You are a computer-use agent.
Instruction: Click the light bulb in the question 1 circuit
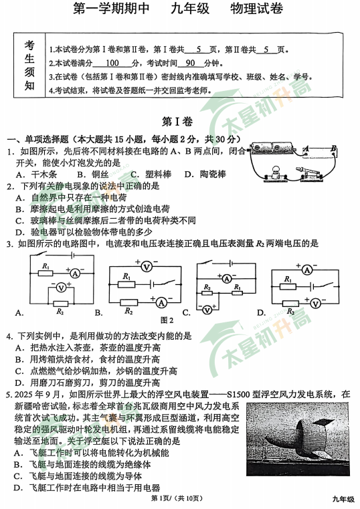(276, 172)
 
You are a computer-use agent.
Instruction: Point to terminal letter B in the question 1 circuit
(333, 148)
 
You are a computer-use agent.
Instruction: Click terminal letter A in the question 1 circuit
(306, 149)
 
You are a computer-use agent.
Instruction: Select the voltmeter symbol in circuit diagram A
(61, 287)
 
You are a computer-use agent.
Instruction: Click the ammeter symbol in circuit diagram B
(161, 302)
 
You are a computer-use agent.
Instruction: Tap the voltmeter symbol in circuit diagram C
(207, 310)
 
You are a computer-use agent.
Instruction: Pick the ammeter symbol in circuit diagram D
(306, 270)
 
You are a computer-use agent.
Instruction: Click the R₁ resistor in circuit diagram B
(126, 285)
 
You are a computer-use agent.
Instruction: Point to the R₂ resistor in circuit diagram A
(60, 304)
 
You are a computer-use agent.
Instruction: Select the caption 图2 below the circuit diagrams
(167, 320)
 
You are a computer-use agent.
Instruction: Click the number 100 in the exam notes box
(112, 63)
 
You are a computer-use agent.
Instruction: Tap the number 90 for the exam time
(190, 63)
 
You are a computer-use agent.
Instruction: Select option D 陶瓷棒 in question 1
(205, 175)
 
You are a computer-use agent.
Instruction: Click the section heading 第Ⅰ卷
(177, 122)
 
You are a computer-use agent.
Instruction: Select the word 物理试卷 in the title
(257, 9)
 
